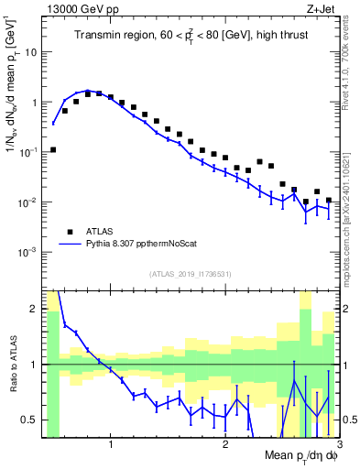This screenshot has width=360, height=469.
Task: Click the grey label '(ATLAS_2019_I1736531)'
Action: pos(191,274)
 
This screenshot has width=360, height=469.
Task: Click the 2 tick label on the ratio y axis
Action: pos(33,309)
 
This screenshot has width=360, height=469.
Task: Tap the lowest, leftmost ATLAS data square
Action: pos(53,149)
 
